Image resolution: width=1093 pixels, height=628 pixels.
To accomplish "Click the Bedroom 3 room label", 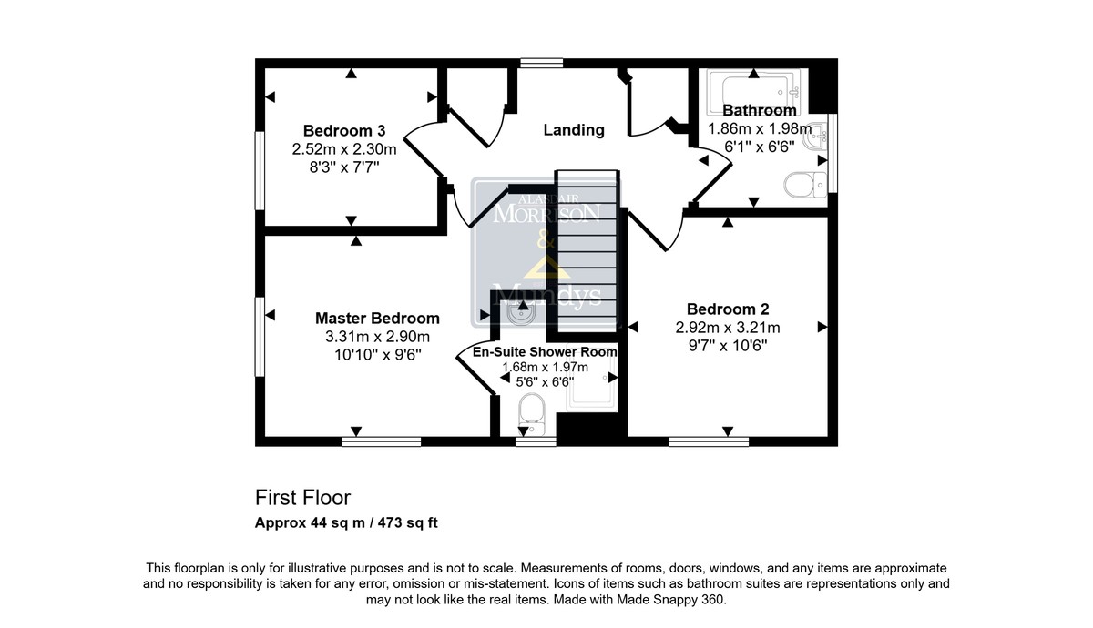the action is [x=344, y=131].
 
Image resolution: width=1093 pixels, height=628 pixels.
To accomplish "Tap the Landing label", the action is [x=574, y=129].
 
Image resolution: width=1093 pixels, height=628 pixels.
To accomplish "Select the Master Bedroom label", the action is [x=377, y=318].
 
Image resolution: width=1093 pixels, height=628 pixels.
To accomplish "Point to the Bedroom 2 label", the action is [x=728, y=309].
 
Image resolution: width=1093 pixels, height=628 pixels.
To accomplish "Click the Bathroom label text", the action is [x=760, y=110].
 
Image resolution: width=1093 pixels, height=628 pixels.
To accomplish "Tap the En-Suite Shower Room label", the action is [x=545, y=351].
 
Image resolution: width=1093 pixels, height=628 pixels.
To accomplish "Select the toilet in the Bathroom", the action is [x=805, y=185].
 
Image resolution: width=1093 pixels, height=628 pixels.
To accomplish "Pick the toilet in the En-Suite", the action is [x=531, y=414].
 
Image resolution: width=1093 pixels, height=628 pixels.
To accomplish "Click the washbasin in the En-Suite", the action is [x=521, y=313].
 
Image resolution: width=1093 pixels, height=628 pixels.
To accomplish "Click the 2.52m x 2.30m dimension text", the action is [x=344, y=148].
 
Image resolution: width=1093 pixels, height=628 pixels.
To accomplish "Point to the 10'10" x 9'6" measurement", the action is [x=377, y=354].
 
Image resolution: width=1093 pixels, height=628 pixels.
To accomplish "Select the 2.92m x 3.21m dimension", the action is [x=728, y=327].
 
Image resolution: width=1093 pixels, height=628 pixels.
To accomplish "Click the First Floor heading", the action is [x=302, y=498].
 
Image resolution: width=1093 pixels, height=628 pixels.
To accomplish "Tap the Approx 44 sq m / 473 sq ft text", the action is [x=346, y=522].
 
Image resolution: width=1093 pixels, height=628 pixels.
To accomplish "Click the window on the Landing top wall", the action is [x=541, y=63].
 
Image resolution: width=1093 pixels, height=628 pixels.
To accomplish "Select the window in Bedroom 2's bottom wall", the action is [x=709, y=441].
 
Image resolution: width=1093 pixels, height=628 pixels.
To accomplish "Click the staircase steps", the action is [x=587, y=249].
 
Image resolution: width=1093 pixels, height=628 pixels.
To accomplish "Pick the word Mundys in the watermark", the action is [x=546, y=295].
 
